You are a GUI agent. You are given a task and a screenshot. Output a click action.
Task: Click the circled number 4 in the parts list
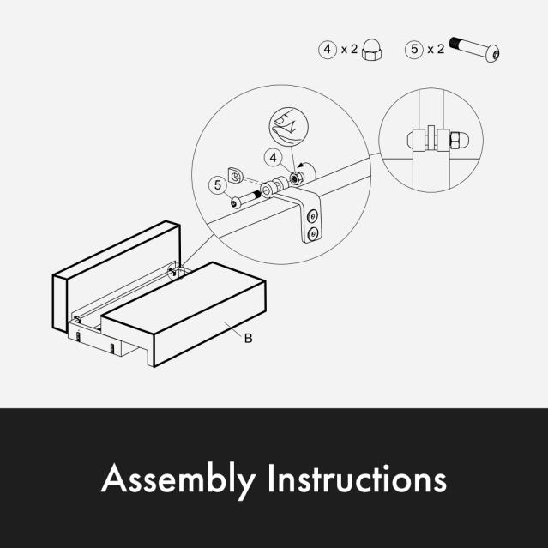(327, 49)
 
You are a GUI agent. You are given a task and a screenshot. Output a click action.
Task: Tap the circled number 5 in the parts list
(414, 49)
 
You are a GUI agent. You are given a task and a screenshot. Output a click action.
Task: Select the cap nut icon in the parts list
(372, 50)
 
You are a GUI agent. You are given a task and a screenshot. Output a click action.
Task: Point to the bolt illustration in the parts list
(474, 49)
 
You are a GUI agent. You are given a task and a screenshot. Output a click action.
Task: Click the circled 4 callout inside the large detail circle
(274, 158)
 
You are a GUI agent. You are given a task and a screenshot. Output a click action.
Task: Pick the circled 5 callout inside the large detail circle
(218, 185)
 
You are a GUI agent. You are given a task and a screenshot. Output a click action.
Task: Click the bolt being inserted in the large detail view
(245, 199)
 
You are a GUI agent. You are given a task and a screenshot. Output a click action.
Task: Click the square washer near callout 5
(234, 175)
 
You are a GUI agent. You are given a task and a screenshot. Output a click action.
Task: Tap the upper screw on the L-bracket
(312, 216)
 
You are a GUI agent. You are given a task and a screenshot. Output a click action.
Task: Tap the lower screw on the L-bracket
(313, 233)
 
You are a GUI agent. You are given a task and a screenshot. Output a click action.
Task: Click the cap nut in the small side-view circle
(459, 139)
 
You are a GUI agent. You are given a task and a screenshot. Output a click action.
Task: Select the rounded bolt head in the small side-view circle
(410, 140)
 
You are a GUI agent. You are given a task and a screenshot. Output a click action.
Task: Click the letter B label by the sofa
(248, 338)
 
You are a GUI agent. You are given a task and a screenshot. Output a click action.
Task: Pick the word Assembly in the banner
(178, 479)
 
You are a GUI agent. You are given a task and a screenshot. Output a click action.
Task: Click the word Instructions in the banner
(357, 478)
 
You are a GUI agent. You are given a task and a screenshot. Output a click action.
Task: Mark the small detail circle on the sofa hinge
(176, 272)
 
